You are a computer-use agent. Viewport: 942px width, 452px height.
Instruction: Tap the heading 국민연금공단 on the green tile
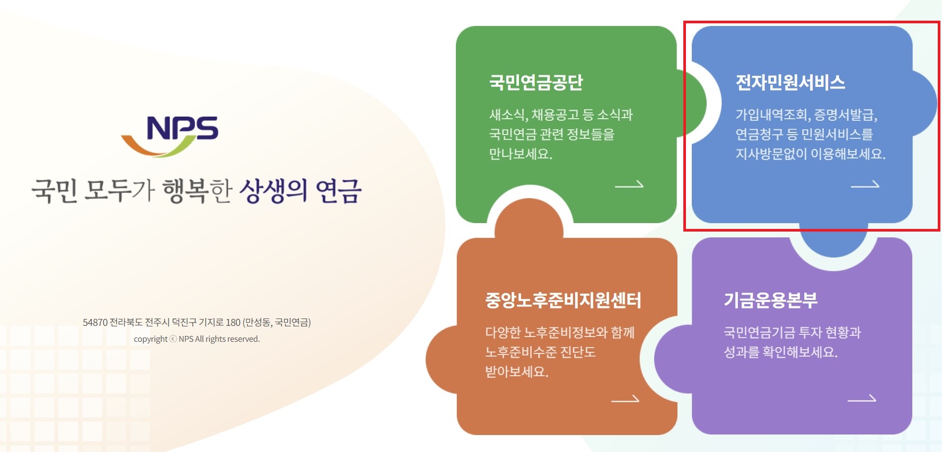(535, 83)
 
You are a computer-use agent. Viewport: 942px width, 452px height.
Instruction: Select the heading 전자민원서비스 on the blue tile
(790, 83)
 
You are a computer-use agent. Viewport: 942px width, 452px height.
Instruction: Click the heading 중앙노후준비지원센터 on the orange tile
(563, 300)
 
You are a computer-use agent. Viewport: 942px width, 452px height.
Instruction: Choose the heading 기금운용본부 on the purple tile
(770, 300)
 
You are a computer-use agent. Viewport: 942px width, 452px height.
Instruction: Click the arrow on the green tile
(629, 185)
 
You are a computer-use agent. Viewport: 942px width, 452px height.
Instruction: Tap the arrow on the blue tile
(865, 185)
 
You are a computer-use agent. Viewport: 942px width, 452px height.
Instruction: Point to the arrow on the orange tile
(625, 400)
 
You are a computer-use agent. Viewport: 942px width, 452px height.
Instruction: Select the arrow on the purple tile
(861, 398)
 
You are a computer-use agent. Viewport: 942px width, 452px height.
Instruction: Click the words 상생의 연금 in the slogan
(301, 191)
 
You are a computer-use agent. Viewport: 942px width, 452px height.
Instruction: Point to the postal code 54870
(95, 323)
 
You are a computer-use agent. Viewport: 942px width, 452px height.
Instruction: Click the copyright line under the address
(197, 339)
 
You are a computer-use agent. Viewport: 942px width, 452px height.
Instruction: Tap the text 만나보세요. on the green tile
(521, 154)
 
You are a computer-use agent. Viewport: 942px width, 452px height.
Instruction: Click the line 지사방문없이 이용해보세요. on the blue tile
(810, 154)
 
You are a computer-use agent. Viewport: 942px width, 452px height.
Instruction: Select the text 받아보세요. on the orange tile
(517, 372)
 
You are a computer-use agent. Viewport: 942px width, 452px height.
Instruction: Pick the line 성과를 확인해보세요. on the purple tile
(780, 352)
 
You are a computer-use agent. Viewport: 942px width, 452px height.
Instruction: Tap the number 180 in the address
(233, 323)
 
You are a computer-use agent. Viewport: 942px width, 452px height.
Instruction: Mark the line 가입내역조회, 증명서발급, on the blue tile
(806, 115)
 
